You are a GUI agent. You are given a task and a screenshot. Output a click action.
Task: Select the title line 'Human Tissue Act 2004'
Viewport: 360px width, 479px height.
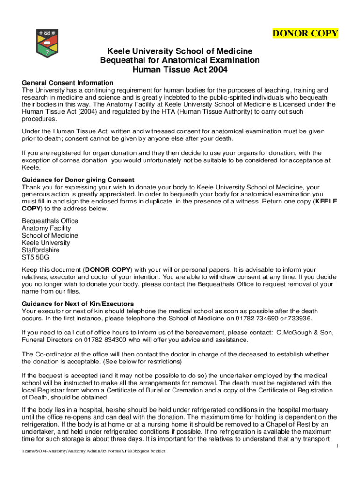(180, 70)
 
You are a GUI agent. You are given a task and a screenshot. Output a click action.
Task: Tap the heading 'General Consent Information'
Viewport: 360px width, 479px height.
(68, 83)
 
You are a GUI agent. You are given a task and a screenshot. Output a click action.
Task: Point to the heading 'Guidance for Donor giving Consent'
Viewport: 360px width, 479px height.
(78, 180)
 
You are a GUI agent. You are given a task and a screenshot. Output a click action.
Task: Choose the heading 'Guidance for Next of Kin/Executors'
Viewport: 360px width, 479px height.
(78, 304)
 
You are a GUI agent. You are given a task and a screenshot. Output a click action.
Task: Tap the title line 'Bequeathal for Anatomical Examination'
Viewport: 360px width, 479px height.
(180, 60)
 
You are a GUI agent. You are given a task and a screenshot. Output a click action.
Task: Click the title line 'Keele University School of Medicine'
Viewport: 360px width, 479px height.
(180, 51)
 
